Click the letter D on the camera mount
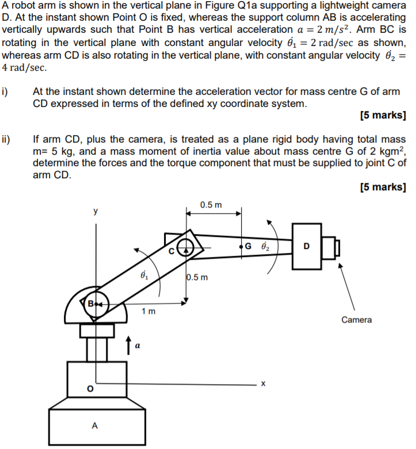tap(306, 247)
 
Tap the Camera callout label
tap(356, 320)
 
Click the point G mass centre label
tap(248, 247)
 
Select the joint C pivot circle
tap(185, 248)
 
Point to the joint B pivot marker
tap(97, 302)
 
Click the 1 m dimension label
tap(148, 311)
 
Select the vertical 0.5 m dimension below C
tap(197, 278)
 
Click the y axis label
tap(96, 211)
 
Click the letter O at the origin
tap(89, 389)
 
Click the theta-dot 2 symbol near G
tap(265, 245)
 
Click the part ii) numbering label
tap(6, 139)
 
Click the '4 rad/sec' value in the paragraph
tap(24, 67)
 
